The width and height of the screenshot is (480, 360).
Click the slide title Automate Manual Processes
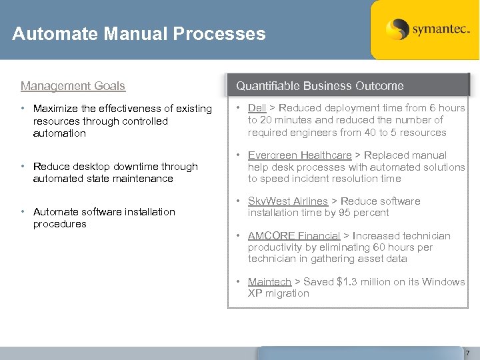(x=139, y=34)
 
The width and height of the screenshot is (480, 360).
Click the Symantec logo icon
(x=397, y=29)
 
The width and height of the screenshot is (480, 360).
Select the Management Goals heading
(x=73, y=86)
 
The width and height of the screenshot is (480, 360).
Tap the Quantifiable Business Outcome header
(x=320, y=86)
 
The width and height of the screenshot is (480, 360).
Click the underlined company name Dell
(x=257, y=108)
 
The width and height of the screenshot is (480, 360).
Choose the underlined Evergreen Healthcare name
(x=299, y=155)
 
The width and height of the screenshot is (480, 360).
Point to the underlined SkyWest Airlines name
(x=287, y=201)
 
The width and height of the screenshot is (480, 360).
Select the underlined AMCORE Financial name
(x=294, y=236)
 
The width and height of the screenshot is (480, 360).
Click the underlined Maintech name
(x=269, y=282)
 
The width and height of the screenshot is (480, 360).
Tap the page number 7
(x=468, y=353)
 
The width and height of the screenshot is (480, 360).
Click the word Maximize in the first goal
(x=57, y=109)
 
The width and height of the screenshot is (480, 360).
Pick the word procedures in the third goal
(x=59, y=224)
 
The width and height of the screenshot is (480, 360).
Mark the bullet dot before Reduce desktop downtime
(x=23, y=167)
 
